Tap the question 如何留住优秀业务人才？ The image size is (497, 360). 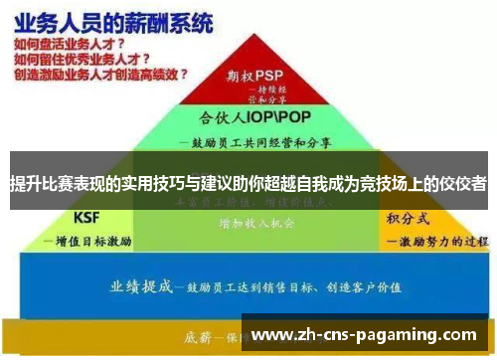[x=77, y=59]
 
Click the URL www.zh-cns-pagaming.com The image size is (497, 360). [x=366, y=335]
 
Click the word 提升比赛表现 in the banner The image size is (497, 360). [x=53, y=185]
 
